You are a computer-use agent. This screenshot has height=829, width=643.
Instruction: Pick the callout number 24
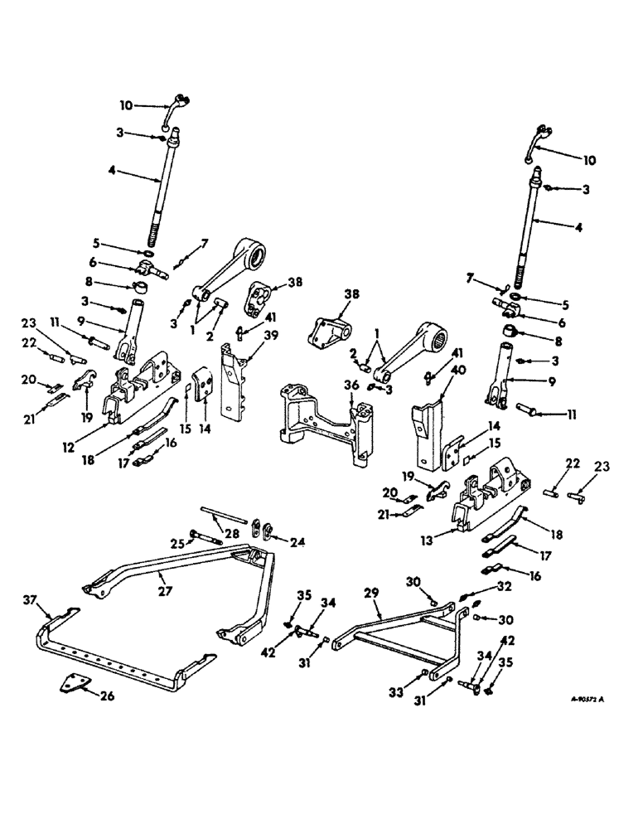pyautogui.click(x=296, y=544)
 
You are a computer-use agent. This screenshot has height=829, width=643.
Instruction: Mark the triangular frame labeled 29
pyautogui.click(x=398, y=626)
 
